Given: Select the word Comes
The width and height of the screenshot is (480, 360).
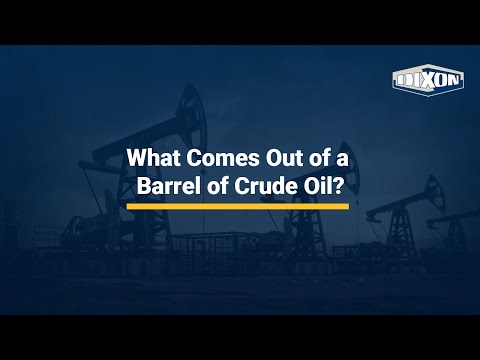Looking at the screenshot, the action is click(223, 158).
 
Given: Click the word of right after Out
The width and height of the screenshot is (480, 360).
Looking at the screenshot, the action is click(317, 158).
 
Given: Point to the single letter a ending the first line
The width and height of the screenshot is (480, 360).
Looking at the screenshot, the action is click(342, 160).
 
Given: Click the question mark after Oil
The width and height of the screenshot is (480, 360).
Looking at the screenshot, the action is click(337, 186).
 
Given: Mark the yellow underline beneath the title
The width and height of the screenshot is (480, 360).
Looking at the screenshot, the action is click(238, 207).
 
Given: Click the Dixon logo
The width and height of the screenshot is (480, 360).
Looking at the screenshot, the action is click(428, 80).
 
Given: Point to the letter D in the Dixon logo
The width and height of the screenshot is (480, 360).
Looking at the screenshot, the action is click(405, 81).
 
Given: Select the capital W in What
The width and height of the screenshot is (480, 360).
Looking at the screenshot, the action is click(138, 158).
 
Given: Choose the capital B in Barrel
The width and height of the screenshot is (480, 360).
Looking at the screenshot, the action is click(144, 186).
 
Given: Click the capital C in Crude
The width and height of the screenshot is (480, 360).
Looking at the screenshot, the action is click(242, 186).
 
